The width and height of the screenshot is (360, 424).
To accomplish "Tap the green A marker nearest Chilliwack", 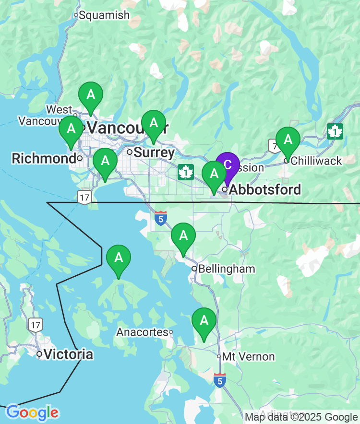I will [x=288, y=140].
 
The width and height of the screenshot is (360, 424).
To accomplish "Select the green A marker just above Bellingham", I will [x=183, y=236].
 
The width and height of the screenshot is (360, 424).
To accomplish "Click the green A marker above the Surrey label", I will [x=153, y=123].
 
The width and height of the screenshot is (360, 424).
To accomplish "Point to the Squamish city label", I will [x=104, y=15].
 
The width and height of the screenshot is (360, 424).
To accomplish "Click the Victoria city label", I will [x=68, y=354].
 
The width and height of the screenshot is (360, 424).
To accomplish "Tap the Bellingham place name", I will [x=226, y=269].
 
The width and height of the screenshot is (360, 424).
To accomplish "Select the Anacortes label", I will [x=142, y=332].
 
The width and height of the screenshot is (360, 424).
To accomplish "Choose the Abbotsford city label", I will [x=265, y=189].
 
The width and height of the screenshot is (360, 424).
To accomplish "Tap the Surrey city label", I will [x=154, y=153].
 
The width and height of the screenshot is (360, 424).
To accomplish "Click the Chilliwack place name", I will [x=316, y=161].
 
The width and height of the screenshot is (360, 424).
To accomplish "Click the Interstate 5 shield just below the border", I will [x=161, y=218].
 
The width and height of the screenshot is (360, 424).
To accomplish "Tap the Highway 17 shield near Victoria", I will [x=35, y=325].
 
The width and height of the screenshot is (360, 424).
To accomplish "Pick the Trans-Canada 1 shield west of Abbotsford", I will [x=185, y=172].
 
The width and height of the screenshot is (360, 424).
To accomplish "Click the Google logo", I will [x=32, y=412].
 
